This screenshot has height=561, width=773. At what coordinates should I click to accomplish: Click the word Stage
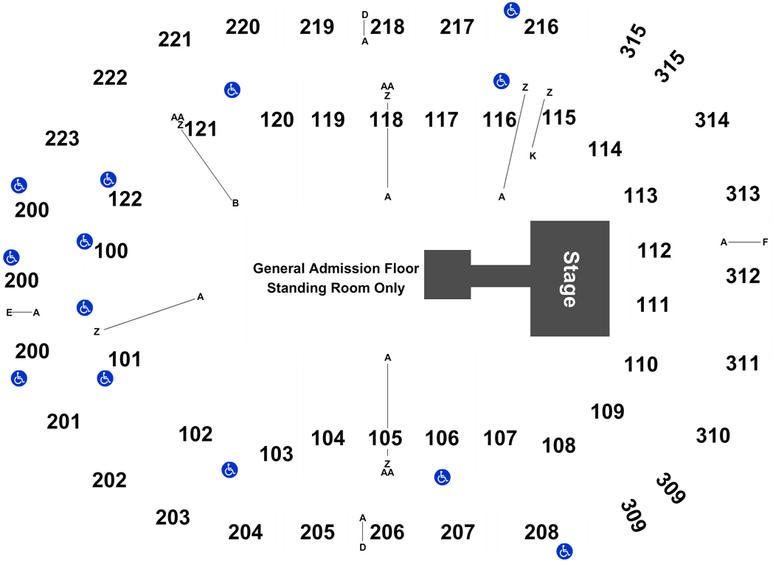pos(569,279)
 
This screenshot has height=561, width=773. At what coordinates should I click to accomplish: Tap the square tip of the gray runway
pos(447,274)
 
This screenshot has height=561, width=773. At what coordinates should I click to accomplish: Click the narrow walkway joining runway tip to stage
pos(500,276)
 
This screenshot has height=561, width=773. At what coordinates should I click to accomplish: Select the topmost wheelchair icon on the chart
pos(512,10)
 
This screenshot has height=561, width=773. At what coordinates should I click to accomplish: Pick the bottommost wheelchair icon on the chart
pos(564,551)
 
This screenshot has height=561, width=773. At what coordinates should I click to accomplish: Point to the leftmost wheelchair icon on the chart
pos(10,257)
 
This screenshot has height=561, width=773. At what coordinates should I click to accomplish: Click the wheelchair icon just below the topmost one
pos(502,81)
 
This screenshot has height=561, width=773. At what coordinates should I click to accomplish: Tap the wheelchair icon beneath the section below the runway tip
pos(442,477)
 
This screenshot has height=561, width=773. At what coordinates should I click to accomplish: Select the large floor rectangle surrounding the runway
pos(332,278)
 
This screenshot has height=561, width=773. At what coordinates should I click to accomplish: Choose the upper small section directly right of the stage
pos(652,247)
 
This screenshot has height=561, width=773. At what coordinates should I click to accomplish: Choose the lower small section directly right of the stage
pos(652,306)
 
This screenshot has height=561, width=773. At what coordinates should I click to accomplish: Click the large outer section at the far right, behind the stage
pos(743,279)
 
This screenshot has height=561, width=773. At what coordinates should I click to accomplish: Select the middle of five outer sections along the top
pos(386,27)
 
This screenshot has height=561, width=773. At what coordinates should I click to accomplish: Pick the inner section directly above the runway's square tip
pos(442,142)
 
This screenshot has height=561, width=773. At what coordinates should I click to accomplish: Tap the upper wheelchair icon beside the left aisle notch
pos(85,241)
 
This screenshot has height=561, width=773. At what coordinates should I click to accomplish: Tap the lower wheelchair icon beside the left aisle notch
pos(85,308)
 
